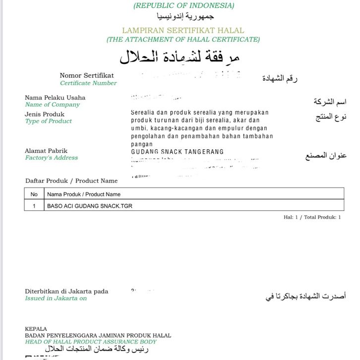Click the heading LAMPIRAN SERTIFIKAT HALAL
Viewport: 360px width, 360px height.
click(x=183, y=30)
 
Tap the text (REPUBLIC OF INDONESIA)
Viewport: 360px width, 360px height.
click(x=183, y=6)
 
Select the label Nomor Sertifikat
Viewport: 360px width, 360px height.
click(x=87, y=75)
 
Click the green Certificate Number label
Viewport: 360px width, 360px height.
click(x=88, y=83)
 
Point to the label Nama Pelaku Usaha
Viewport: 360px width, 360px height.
click(x=55, y=97)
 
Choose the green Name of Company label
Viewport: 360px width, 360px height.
click(x=52, y=105)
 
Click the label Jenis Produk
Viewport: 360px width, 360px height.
click(x=45, y=114)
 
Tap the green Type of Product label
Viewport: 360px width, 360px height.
click(x=48, y=121)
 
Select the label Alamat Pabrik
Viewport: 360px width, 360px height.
click(x=46, y=151)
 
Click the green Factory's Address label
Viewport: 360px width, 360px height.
click(x=51, y=158)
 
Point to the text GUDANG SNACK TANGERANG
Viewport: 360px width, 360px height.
click(x=177, y=152)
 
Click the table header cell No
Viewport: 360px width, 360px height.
click(x=34, y=194)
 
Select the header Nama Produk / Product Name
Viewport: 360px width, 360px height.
click(x=84, y=194)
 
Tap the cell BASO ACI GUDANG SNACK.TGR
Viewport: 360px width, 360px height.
click(x=90, y=205)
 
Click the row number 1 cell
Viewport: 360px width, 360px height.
click(x=34, y=205)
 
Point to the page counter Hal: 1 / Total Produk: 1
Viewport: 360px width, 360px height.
click(x=312, y=217)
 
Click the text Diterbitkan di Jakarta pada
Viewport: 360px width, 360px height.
click(x=66, y=292)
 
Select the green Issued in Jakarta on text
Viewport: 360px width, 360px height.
click(x=56, y=299)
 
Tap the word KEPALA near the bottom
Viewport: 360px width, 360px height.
click(x=36, y=329)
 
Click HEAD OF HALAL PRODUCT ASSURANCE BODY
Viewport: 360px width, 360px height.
click(x=91, y=342)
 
